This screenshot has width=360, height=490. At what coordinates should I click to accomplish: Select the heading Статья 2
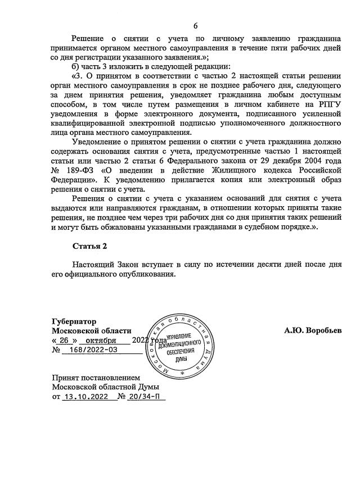pyautogui.click(x=89, y=246)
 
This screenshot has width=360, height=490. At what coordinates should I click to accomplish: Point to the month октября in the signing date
pyautogui.click(x=100, y=341)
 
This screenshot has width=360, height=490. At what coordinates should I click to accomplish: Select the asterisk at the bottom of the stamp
pyautogui.click(x=181, y=373)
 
